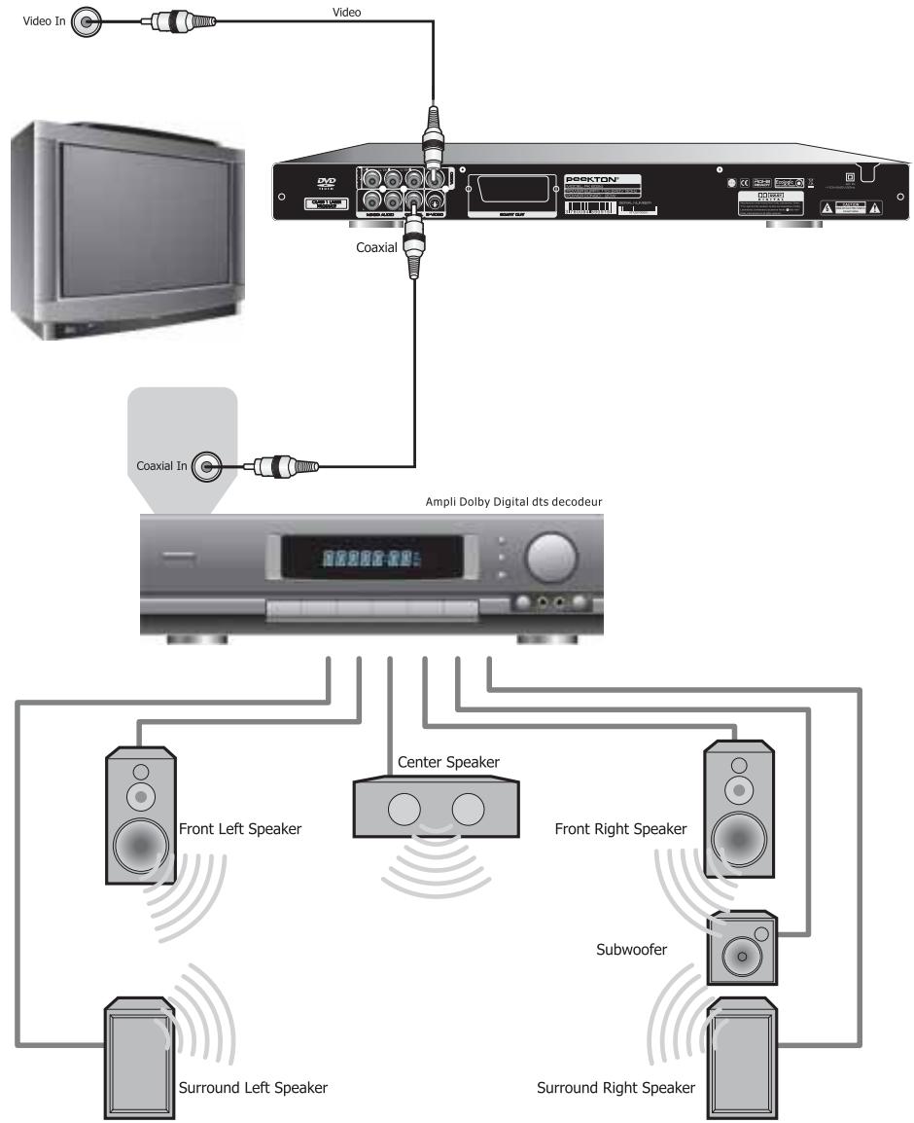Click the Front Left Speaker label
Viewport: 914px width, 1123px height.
(240, 830)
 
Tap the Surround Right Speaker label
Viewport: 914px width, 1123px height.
(616, 1087)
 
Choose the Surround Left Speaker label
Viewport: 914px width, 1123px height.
(253, 1087)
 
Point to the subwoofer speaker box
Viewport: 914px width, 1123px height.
(743, 947)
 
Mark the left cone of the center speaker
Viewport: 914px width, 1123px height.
(405, 809)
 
